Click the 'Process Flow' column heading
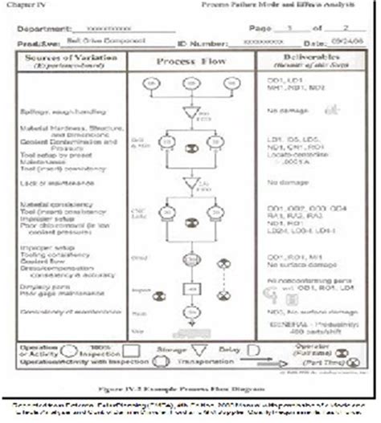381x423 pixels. point(184,62)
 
